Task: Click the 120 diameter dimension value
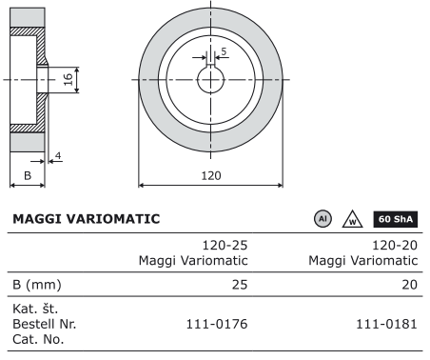pos(211,175)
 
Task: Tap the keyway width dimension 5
pos(224,51)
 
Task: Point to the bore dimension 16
pos(68,79)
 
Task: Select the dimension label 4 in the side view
pos(58,156)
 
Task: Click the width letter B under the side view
pos(28,175)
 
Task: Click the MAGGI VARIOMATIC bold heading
pos(87,219)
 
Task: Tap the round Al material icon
pos(322,219)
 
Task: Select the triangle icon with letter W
pos(353,220)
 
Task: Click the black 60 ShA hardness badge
pos(396,219)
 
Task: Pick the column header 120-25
pos(225,246)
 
